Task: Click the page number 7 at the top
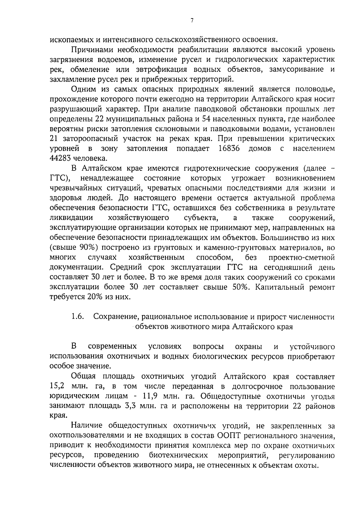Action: [x=192, y=21]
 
